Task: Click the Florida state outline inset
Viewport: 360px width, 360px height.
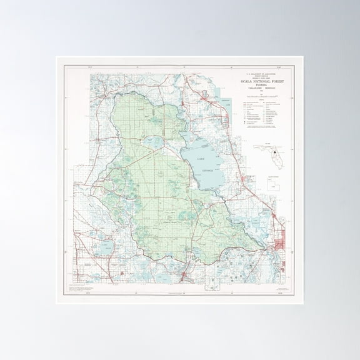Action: tap(269, 157)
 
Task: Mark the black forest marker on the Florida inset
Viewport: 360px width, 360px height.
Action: tap(274, 151)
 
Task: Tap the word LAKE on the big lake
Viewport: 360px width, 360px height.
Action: tap(200, 161)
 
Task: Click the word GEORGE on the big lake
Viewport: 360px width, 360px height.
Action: tap(208, 169)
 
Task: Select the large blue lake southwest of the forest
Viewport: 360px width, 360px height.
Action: tap(104, 249)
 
